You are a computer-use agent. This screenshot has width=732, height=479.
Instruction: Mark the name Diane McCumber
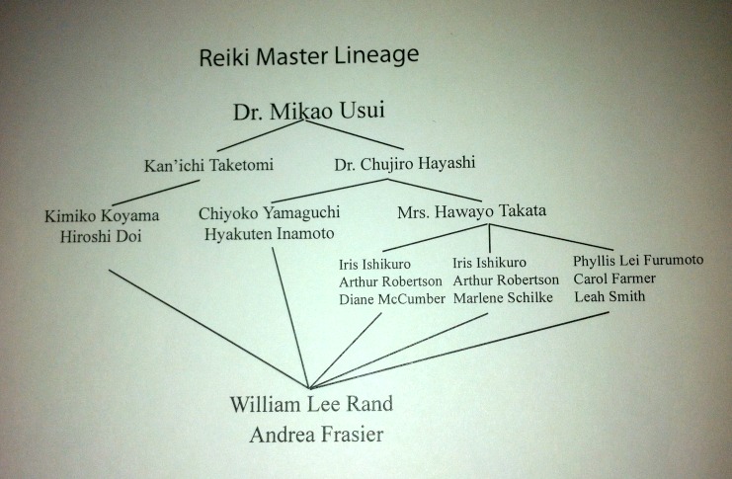point(391,300)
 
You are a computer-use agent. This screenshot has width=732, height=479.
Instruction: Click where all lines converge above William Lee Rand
point(309,387)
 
